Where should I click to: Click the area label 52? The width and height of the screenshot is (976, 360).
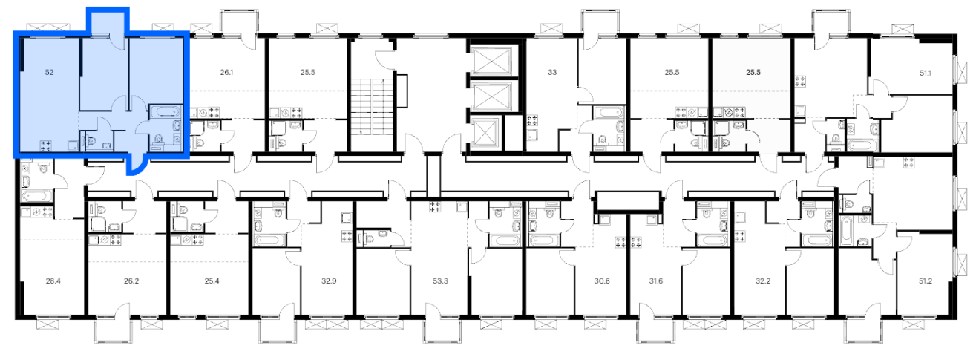click(x=49, y=72)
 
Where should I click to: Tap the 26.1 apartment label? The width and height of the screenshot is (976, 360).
click(x=226, y=72)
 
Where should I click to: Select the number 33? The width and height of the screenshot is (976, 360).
click(x=552, y=72)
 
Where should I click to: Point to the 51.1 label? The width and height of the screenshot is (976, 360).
click(x=926, y=73)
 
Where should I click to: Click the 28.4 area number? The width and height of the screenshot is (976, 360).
click(x=53, y=281)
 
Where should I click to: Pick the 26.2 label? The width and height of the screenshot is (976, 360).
click(x=131, y=281)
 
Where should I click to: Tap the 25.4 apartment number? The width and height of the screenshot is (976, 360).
click(x=212, y=281)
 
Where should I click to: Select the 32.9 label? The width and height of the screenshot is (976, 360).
click(x=329, y=281)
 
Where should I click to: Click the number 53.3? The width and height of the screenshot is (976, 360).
click(x=440, y=281)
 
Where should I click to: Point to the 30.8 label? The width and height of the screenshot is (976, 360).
click(x=602, y=281)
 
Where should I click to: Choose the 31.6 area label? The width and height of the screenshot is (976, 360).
click(x=656, y=281)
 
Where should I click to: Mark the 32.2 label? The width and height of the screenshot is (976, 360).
click(x=763, y=281)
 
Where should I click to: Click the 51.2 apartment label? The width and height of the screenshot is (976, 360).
click(x=926, y=281)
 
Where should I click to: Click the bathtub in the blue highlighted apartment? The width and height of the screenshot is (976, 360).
click(x=165, y=112)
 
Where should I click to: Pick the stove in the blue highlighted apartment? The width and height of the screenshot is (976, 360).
click(x=46, y=145)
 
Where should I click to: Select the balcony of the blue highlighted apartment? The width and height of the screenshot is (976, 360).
click(x=108, y=22)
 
